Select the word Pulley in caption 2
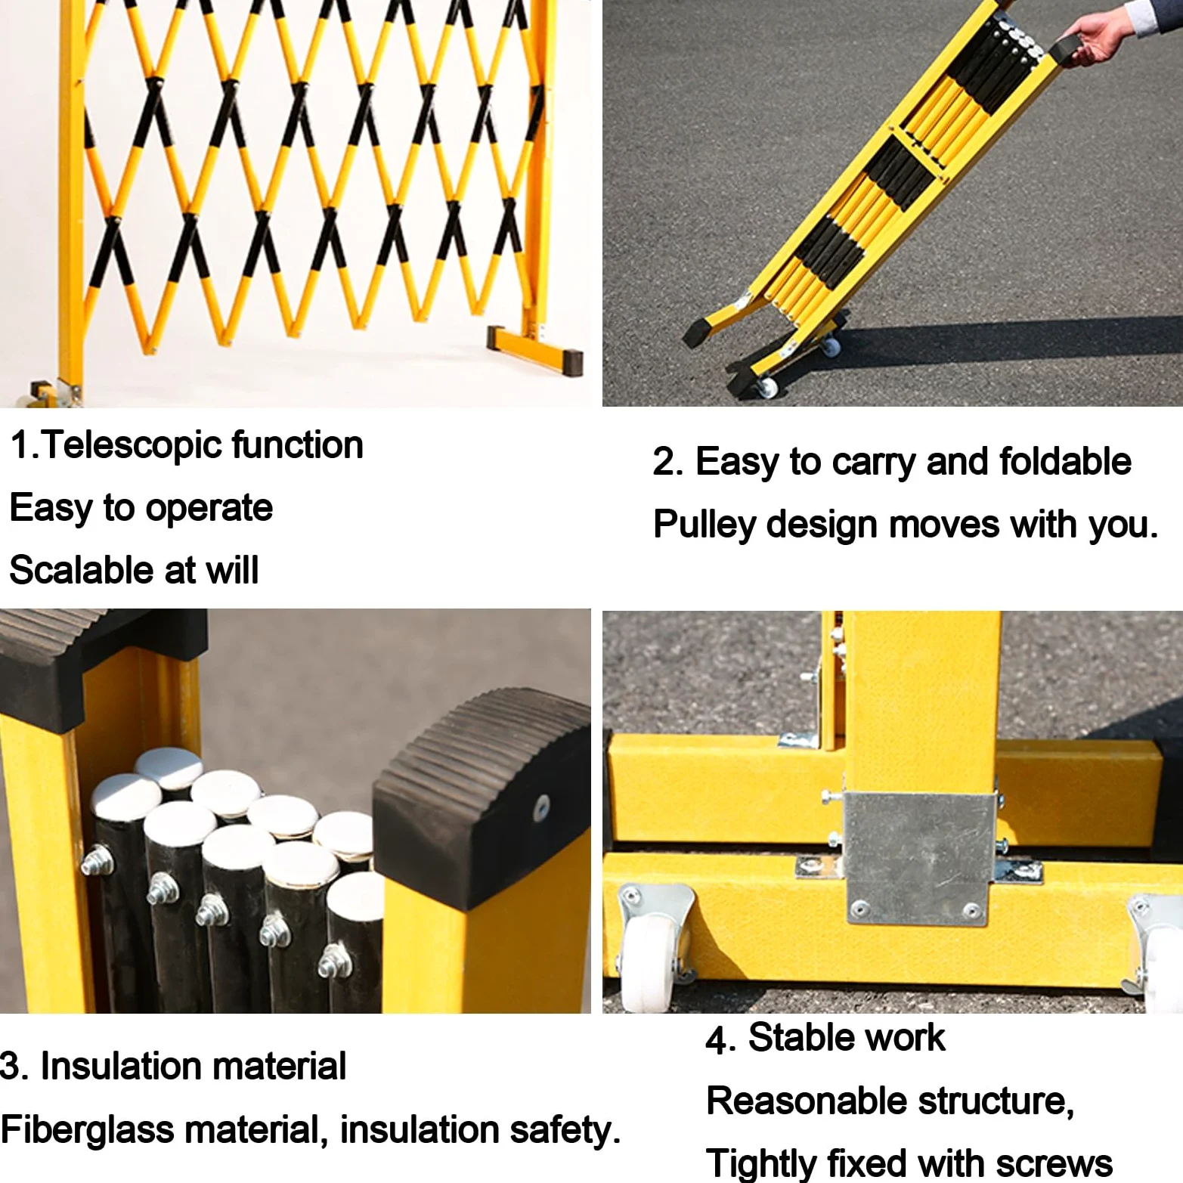pyautogui.click(x=704, y=525)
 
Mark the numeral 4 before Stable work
pyautogui.click(x=716, y=1039)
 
